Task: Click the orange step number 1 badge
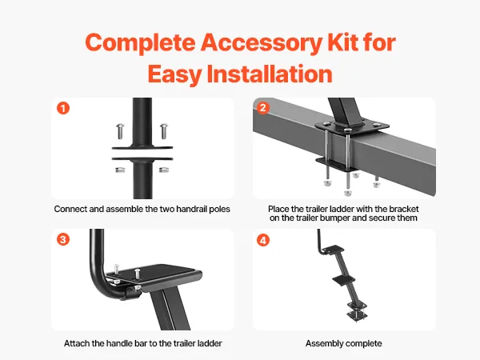(63, 108)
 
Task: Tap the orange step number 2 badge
(262, 107)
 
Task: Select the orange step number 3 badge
(63, 239)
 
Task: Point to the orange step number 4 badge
(263, 240)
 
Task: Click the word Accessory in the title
(262, 43)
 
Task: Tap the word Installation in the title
(270, 74)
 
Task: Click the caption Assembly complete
(343, 343)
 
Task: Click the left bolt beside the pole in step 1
(120, 130)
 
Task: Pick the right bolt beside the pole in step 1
(164, 130)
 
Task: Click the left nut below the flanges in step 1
(120, 170)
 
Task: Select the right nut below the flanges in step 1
(164, 170)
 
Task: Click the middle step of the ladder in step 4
(343, 278)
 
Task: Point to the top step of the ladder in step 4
(334, 250)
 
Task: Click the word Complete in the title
(141, 43)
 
